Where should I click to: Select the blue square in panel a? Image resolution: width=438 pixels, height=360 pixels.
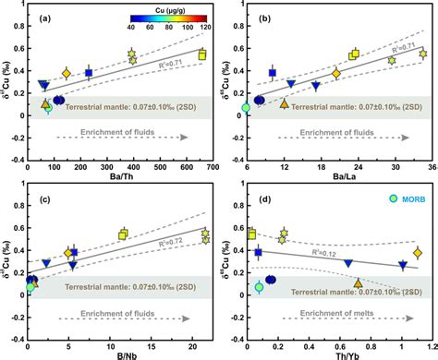point(89,72)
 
